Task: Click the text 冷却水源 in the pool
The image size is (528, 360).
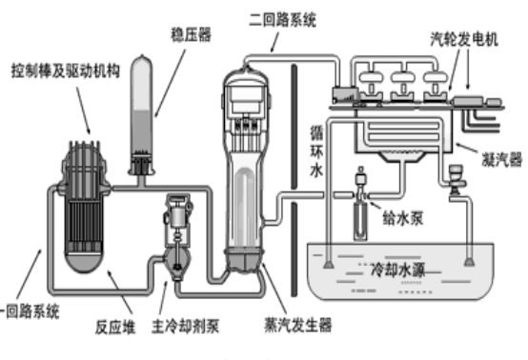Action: click(x=398, y=270)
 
